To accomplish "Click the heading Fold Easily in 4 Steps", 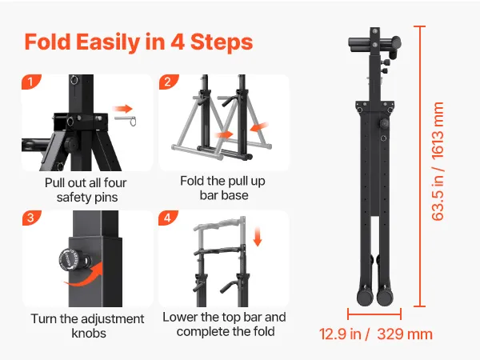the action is [138, 42].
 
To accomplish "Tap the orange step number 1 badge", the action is [31, 82].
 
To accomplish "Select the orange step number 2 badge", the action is [168, 82].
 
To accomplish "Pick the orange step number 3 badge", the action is [31, 218].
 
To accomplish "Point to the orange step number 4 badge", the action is [168, 218].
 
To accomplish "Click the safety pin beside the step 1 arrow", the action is [126, 121].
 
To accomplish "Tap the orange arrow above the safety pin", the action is [122, 108].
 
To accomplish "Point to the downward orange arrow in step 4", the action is [258, 236].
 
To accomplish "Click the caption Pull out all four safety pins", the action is [86, 190].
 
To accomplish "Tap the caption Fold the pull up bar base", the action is [223, 188].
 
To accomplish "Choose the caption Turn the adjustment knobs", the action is [88, 326].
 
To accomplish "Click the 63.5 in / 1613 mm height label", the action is [438, 162].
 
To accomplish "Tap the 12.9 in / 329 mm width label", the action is [376, 334].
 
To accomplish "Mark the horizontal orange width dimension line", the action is [374, 314].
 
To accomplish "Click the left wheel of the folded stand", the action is [366, 297].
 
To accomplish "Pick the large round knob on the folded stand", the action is [384, 124].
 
